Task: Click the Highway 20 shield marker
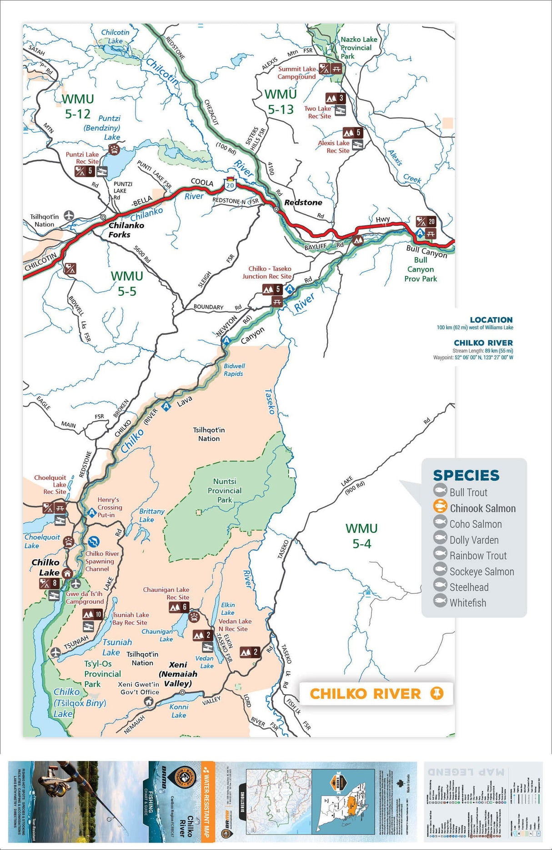pos(230,184)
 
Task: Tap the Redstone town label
pos(303,203)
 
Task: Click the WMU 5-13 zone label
pos(281,102)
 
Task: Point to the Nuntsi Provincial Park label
pos(225,491)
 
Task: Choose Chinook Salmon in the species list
pos(482,508)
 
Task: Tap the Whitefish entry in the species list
pos(467,603)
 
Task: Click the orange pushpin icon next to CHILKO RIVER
pos(437,693)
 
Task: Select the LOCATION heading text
pos(491,320)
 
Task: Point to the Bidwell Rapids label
pos(234,370)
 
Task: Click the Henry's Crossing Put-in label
pos(110,507)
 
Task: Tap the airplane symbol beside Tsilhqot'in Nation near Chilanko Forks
pos(69,215)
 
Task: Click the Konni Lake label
pos(179,711)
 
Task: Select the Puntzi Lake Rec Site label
pos(82,158)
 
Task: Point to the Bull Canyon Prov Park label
pos(421,269)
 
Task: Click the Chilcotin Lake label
pos(115,36)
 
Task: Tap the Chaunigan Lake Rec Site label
pos(166,593)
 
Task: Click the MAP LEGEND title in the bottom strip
pos(466,772)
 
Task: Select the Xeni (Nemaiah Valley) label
pos(178,674)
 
